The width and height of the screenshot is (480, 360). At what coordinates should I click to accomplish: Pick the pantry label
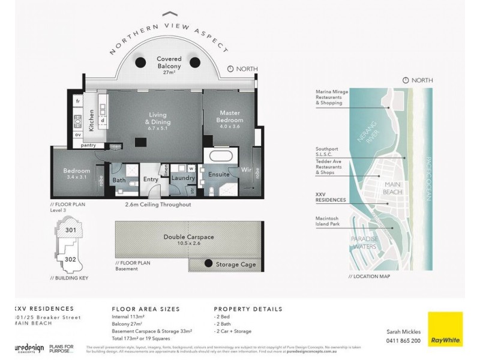pos(88,145)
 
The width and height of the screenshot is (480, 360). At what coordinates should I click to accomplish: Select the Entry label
pos(150,179)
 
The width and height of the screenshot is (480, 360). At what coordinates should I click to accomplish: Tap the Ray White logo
pos(445,329)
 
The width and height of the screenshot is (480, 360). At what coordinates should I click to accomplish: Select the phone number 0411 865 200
pos(403,340)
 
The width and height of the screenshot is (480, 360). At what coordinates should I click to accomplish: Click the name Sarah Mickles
pos(403,331)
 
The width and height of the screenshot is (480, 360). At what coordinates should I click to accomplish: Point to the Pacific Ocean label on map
pos(428,175)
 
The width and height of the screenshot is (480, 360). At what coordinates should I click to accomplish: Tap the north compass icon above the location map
pos(406,80)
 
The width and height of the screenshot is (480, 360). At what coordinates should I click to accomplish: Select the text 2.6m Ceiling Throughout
pos(158,205)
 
